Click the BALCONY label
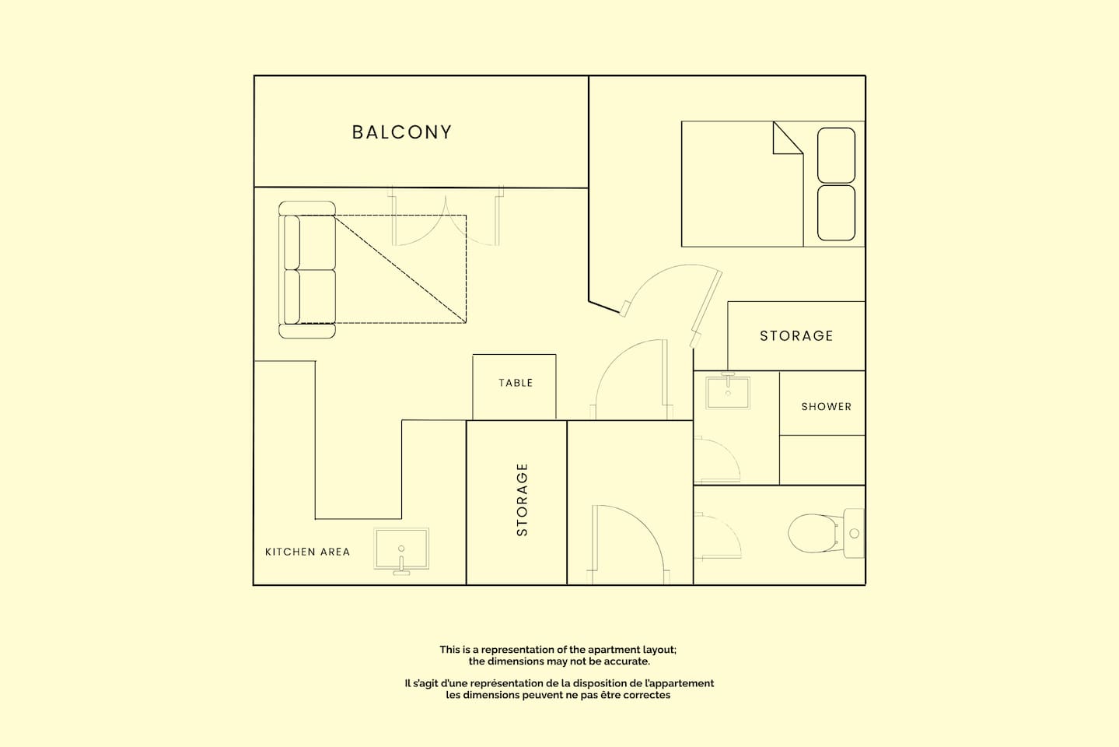pyautogui.click(x=401, y=132)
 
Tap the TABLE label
pyautogui.click(x=516, y=383)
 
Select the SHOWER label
pyautogui.click(x=827, y=407)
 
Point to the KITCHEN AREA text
pyautogui.click(x=307, y=552)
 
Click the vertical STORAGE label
pyautogui.click(x=522, y=500)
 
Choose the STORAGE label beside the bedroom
pyautogui.click(x=796, y=336)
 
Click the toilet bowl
pyautogui.click(x=813, y=534)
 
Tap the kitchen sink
pyautogui.click(x=401, y=549)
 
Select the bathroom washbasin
pyautogui.click(x=728, y=393)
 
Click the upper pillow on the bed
pyautogui.click(x=836, y=156)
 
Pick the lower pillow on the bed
pyautogui.click(x=836, y=213)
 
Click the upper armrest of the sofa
pyautogui.click(x=306, y=209)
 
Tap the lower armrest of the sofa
pyautogui.click(x=306, y=331)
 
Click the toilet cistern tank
pyautogui.click(x=854, y=534)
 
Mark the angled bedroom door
pyautogui.click(x=706, y=308)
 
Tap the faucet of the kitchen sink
pyautogui.click(x=401, y=564)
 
